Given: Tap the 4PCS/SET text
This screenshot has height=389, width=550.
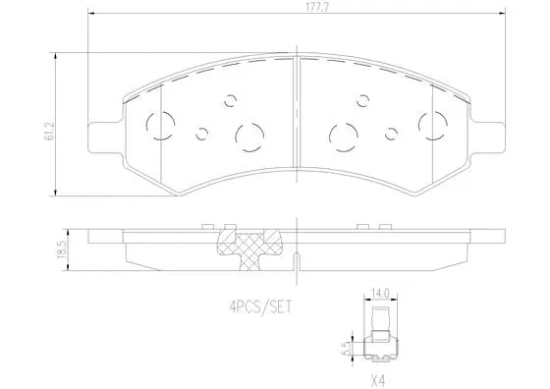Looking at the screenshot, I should point(260,306).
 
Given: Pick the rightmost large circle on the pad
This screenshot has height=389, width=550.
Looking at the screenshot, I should point(432,125).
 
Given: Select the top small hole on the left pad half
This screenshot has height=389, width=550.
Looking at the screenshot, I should point(231,98).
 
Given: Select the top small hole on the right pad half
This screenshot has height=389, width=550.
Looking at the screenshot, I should point(362,98).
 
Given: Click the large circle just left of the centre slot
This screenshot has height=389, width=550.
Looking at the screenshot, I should point(248,135).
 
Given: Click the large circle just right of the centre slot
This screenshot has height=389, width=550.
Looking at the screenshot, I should point(345,135).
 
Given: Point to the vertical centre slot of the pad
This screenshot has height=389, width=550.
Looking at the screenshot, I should point(297,118).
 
